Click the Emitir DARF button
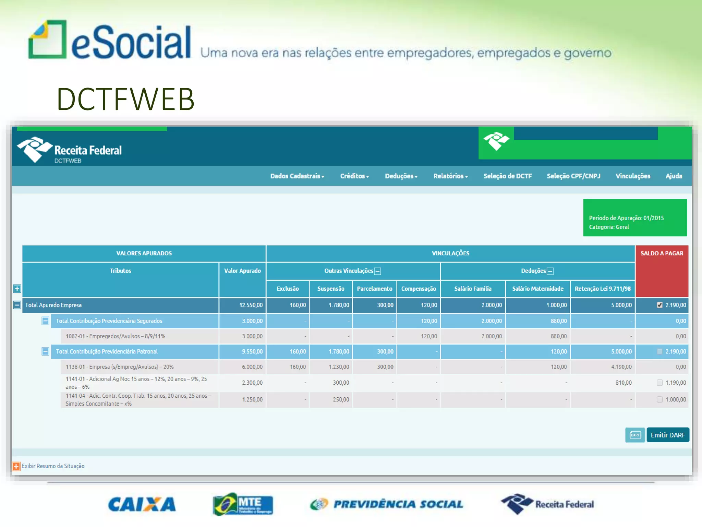[x=667, y=435]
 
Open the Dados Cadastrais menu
[x=297, y=176]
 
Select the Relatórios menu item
[x=450, y=176]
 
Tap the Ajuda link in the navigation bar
[x=674, y=176]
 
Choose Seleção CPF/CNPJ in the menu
[x=573, y=176]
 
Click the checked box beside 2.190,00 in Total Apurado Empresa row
[x=659, y=305]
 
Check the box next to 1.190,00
[x=659, y=383]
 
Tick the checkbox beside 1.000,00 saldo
[x=659, y=399]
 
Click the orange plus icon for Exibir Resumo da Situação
[x=16, y=466]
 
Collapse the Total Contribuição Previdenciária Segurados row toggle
[x=45, y=321]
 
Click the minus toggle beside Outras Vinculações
[x=378, y=271]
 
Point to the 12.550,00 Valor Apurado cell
[x=251, y=305]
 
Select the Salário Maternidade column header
[x=537, y=289]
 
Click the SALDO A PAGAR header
[x=662, y=254]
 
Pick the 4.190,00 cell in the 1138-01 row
[x=621, y=367]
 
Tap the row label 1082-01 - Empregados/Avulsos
[x=115, y=336]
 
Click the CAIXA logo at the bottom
[x=142, y=504]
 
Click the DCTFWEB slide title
[x=125, y=99]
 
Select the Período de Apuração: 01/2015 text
[x=626, y=218]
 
